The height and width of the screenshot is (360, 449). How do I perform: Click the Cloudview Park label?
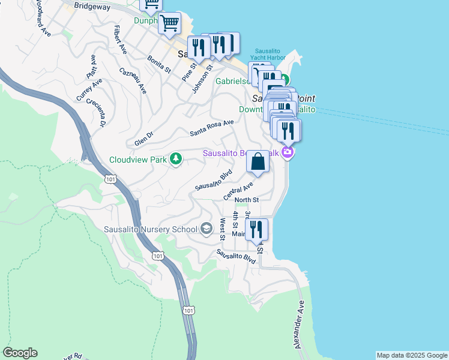(x=137, y=160)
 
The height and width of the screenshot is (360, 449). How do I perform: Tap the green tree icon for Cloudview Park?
(x=176, y=159)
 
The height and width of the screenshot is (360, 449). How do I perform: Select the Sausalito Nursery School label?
(x=151, y=229)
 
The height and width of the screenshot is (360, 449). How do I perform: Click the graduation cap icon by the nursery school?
(x=206, y=228)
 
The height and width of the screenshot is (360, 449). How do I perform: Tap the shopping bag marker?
(x=258, y=161)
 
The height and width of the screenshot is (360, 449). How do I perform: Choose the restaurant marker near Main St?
(x=257, y=229)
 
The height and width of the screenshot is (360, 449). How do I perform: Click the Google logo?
(x=20, y=353)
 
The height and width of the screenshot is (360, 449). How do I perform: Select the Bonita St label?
(x=159, y=65)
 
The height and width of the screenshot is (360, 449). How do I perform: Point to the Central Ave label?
(x=239, y=191)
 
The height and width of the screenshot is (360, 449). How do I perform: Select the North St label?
(x=247, y=200)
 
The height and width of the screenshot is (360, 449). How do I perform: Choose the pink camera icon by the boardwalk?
(x=288, y=152)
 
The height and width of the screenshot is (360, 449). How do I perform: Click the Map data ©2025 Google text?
(x=412, y=355)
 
